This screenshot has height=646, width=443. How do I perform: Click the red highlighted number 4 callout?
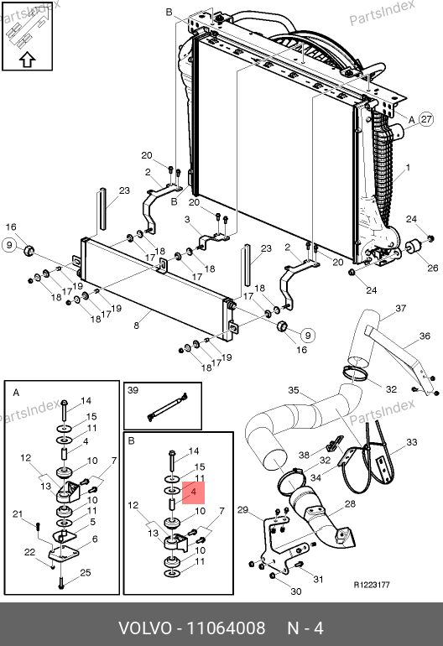(x=193, y=492)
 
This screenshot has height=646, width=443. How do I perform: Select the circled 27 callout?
(x=426, y=119)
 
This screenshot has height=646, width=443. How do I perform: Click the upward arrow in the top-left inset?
(x=27, y=60)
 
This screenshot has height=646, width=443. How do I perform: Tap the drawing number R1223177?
(x=372, y=585)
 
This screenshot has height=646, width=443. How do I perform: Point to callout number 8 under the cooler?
(x=137, y=326)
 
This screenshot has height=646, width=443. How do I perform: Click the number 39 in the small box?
(x=133, y=390)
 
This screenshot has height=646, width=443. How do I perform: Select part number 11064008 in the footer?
(x=227, y=628)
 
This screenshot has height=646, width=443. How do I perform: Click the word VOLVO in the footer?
(x=145, y=628)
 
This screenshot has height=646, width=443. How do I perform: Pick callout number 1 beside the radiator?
(x=408, y=168)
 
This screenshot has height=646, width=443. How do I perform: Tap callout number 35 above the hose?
(x=294, y=390)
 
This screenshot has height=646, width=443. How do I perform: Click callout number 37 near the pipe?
(x=400, y=308)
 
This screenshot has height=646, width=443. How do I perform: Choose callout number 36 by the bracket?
(x=425, y=336)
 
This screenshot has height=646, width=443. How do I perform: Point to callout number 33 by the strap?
(x=412, y=442)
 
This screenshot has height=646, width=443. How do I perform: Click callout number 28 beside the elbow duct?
(x=350, y=503)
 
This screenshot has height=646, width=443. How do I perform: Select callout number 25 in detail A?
(x=86, y=572)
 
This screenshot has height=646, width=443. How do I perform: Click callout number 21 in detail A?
(x=18, y=513)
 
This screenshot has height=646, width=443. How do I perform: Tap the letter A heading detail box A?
(x=16, y=393)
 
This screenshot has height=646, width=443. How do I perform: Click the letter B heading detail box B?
(x=132, y=440)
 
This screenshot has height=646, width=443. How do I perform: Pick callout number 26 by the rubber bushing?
(x=432, y=268)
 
